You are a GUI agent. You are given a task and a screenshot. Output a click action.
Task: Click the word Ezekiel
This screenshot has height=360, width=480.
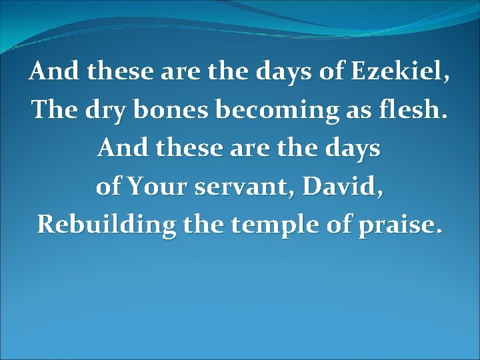(x=406, y=71)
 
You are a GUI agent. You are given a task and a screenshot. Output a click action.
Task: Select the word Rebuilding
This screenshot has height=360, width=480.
(x=107, y=225)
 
